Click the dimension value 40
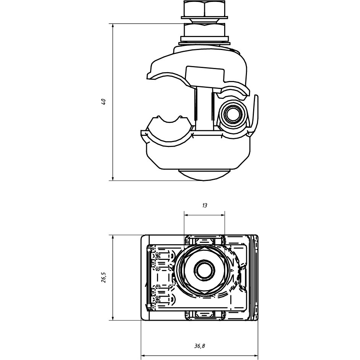[103, 102]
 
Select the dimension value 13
[205, 205]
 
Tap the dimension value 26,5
[103, 277]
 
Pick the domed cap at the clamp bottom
[204, 175]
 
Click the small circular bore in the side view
[232, 114]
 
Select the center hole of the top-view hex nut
[205, 270]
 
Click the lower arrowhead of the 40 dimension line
[113, 177]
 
